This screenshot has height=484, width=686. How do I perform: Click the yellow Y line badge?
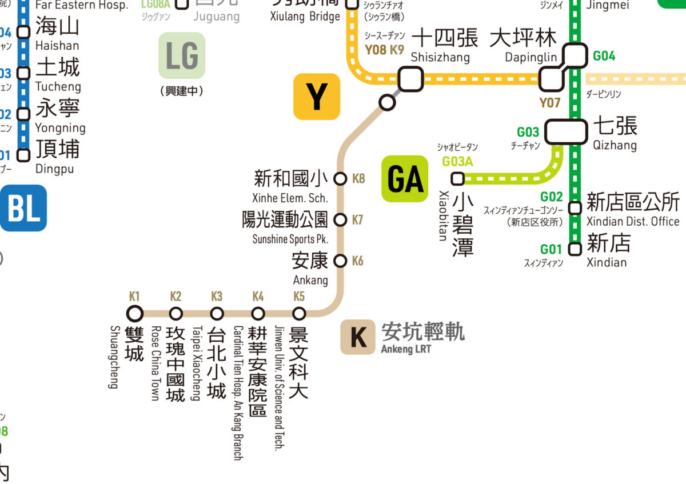(317, 97)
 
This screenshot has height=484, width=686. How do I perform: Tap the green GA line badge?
(405, 179)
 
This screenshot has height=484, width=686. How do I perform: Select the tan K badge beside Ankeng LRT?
(358, 337)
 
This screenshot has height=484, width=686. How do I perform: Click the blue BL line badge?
(23, 208)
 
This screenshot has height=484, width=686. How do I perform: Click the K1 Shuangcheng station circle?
(135, 313)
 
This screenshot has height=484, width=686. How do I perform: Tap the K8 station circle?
(340, 179)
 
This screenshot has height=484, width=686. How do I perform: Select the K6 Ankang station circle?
(340, 261)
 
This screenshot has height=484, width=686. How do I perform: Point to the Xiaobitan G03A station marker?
(457, 179)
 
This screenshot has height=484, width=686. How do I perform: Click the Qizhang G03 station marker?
(566, 131)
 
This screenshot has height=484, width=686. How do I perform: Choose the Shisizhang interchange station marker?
(410, 79)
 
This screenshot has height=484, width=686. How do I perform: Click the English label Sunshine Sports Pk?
(290, 239)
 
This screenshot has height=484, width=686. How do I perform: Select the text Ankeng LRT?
(406, 349)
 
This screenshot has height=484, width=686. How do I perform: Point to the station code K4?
(258, 296)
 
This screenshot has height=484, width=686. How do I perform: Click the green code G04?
(604, 56)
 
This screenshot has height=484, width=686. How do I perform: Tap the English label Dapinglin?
(531, 58)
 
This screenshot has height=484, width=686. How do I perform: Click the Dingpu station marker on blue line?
(23, 155)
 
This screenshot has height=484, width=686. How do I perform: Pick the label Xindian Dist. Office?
(633, 221)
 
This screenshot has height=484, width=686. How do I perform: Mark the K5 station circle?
(299, 313)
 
